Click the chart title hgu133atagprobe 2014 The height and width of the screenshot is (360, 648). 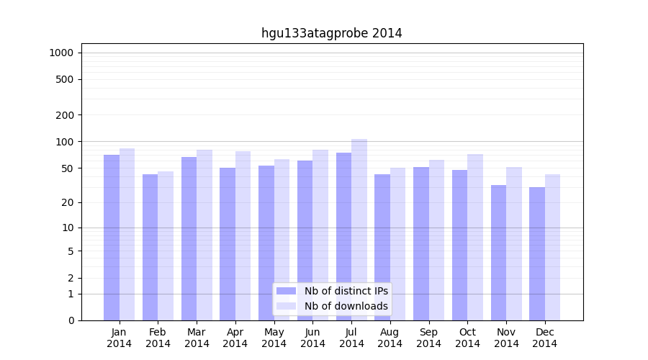331,33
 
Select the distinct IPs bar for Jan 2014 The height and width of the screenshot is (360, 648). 112,238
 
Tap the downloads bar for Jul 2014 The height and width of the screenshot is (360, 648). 359,230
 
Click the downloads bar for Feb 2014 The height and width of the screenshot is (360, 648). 166,246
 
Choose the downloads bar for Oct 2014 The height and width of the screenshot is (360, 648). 475,237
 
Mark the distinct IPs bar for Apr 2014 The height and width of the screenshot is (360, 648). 228,244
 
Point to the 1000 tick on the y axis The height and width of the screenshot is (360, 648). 61,53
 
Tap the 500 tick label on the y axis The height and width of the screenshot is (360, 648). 65,79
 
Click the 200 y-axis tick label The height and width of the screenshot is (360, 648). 65,114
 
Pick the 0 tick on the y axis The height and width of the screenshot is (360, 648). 71,320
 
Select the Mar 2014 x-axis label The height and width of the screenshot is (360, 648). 197,338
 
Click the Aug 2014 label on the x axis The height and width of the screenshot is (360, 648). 390,338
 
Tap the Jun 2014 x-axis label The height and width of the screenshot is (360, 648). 312,338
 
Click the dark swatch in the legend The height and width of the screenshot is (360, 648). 286,291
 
